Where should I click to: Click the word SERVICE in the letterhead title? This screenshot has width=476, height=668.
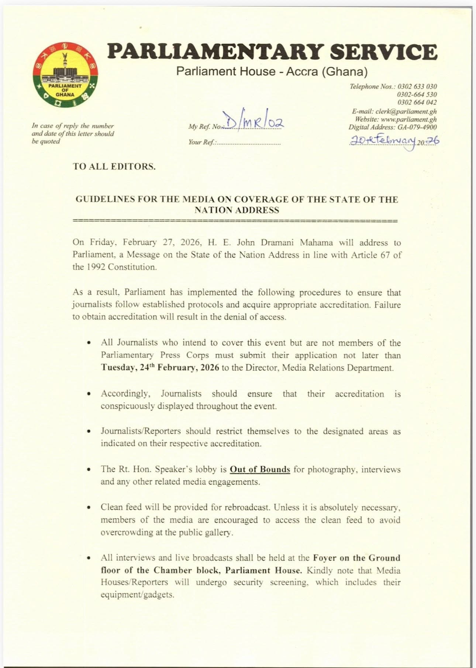click(x=383, y=52)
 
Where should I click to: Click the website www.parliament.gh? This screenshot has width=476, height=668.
click(x=408, y=119)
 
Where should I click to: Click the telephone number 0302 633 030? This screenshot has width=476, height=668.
click(x=417, y=87)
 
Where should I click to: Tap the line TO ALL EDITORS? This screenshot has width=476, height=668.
click(x=114, y=167)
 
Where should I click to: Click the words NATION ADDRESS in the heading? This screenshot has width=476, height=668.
click(x=237, y=210)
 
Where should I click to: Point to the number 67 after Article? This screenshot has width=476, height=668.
click(x=385, y=255)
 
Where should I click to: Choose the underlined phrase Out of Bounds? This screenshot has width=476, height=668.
click(x=260, y=469)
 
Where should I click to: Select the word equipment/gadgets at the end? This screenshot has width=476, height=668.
click(x=137, y=595)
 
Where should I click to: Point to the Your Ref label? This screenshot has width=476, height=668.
click(x=201, y=142)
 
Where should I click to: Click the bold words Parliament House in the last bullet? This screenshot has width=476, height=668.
click(x=263, y=570)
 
